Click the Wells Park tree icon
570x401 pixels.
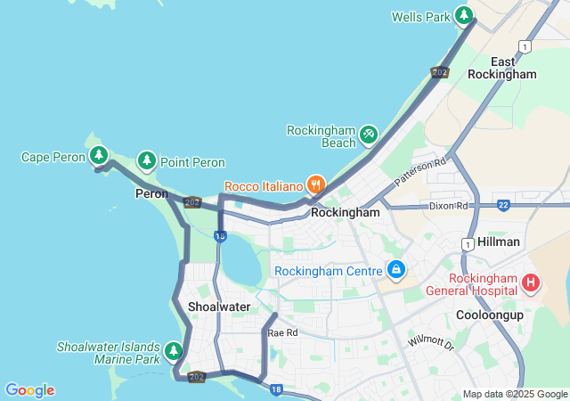click(463, 15)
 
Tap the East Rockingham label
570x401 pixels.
click(502, 68)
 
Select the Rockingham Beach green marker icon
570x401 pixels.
click(368, 135)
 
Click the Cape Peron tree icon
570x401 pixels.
click(99, 156)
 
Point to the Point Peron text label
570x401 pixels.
click(192, 163)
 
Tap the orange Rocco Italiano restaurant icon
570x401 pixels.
click(314, 185)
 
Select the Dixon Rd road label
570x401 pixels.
click(448, 206)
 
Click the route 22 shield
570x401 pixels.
click(503, 205)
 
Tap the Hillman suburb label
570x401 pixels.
click(499, 241)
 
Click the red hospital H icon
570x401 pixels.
click(531, 283)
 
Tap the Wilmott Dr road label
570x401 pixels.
click(431, 342)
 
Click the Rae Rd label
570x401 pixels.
click(283, 332)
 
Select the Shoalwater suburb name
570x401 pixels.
click(219, 307)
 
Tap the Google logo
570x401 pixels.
click(29, 390)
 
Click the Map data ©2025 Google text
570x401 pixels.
click(515, 394)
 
